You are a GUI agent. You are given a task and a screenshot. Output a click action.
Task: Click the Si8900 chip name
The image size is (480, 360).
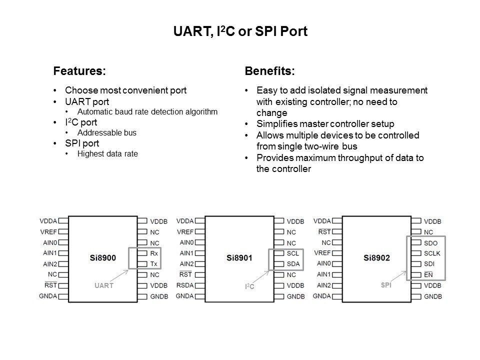point(103,258)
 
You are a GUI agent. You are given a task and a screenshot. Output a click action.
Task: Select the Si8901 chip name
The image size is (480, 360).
point(239,258)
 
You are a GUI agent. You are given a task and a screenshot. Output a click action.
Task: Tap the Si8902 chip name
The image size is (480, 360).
point(376,258)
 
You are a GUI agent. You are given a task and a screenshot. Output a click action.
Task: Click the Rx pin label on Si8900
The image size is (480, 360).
point(154,253)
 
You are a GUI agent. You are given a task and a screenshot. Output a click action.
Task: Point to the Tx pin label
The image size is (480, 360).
point(153,264)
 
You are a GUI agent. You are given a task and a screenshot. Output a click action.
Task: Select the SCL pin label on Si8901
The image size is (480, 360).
point(293,253)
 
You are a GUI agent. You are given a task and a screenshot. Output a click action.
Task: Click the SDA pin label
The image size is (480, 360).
point(293,264)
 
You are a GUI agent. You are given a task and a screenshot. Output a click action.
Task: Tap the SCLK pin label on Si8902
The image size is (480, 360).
point(432,253)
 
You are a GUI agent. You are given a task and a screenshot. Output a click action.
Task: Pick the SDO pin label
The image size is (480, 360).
point(430,243)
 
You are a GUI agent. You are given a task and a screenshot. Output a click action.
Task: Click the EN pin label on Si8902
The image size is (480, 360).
point(428,274)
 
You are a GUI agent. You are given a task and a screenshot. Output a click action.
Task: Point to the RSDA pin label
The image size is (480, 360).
point(185,285)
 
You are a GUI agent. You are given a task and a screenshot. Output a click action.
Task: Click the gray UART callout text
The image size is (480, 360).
point(104,285)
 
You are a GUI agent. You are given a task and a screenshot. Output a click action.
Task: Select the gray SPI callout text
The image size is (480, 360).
point(386,285)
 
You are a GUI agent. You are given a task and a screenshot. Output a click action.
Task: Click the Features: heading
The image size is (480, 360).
point(79,71)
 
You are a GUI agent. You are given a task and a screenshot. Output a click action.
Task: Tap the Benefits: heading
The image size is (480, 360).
point(269,71)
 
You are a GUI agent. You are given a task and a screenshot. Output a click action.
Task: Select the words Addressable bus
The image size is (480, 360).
point(107,133)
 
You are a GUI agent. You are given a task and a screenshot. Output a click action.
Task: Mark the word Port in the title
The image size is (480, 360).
point(294,31)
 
